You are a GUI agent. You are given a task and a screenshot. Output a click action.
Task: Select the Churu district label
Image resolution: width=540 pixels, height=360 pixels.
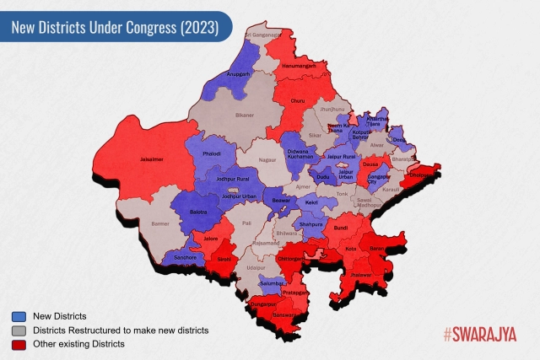(297, 101)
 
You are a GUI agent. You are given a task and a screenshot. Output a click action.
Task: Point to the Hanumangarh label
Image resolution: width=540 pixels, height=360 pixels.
(300, 65)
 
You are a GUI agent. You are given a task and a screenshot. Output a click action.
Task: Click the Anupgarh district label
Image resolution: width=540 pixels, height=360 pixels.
(240, 74)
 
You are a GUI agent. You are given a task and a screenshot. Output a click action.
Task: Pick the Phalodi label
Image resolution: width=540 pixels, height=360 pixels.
(212, 154)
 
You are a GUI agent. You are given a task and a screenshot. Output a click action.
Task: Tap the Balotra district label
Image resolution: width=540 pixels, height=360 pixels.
(200, 211)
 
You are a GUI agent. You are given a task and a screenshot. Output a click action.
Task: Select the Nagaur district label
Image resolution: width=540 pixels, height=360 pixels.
(267, 159)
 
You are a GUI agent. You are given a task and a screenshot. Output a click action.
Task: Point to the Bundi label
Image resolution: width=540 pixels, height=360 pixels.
(341, 228)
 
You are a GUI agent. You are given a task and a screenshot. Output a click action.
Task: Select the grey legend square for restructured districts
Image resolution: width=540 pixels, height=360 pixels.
(19, 330)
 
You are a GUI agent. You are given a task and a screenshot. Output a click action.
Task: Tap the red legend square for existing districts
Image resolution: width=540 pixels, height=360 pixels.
(19, 344)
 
